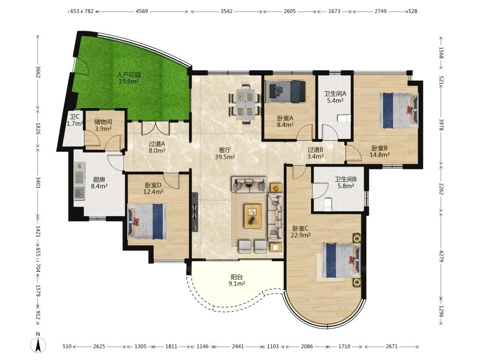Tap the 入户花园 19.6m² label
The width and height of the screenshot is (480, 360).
(129, 78)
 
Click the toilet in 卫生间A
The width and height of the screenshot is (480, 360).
(344, 118)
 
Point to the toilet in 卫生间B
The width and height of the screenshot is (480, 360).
(327, 204)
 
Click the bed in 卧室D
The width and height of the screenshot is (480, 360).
(147, 221)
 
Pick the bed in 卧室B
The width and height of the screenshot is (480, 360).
(398, 110)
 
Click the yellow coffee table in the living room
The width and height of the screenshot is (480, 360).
(252, 216)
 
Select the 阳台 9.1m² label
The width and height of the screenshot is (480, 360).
(237, 280)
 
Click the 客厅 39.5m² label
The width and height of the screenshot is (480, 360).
(225, 154)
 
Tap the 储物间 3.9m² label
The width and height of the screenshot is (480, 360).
(103, 125)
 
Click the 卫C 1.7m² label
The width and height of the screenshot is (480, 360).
(75, 120)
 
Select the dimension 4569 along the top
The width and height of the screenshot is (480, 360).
(142, 12)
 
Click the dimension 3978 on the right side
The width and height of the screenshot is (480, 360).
(441, 125)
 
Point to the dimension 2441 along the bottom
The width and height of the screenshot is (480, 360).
(238, 346)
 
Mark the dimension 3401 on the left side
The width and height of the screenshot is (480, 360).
(38, 182)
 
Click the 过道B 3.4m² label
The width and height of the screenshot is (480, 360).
(316, 153)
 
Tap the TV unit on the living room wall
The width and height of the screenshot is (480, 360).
(194, 211)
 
